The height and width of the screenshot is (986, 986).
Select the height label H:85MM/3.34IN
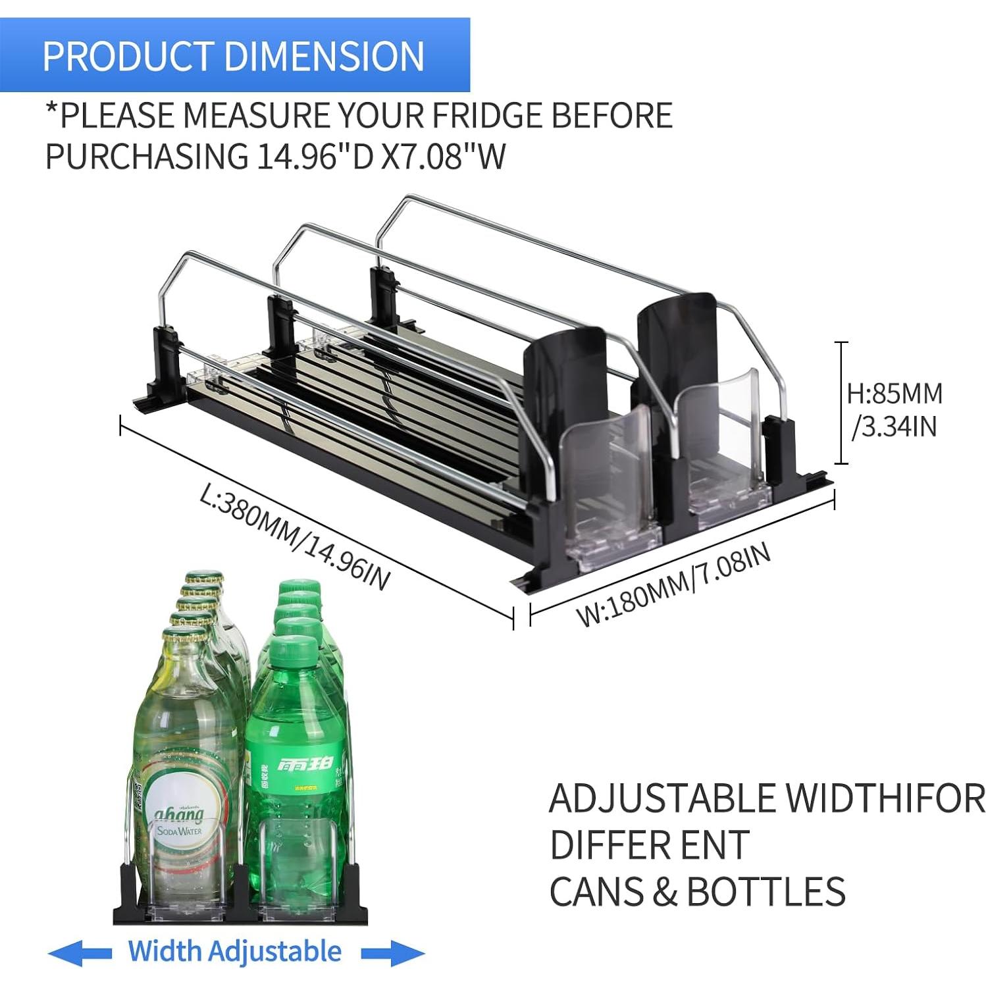pyautogui.click(x=895, y=410)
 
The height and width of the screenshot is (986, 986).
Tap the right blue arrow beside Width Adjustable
pyautogui.click(x=392, y=952)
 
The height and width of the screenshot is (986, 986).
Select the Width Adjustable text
pyautogui.click(x=235, y=951)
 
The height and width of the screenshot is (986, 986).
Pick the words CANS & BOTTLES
pyautogui.click(x=696, y=892)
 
